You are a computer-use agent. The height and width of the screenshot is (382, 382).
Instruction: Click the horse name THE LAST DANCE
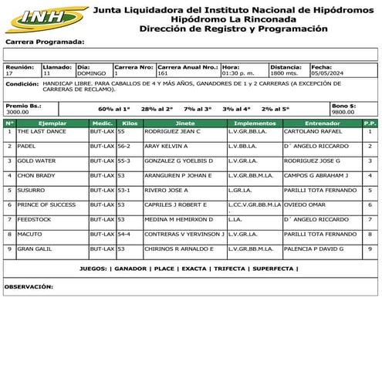(x=42, y=131)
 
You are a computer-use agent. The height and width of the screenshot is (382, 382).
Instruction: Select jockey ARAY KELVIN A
(x=166, y=146)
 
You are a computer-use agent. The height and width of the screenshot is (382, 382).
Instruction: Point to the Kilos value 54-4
(x=123, y=234)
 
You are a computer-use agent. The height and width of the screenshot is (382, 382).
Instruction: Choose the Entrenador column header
(x=322, y=123)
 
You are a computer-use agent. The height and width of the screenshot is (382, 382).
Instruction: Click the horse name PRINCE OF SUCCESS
(x=46, y=205)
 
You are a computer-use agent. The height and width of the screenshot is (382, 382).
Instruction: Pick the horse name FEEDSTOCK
(x=34, y=219)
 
